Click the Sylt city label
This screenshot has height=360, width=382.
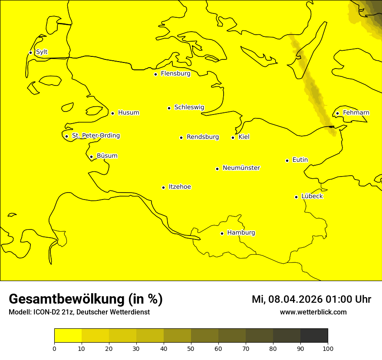pos(42,52)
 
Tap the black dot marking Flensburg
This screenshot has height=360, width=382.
pos(155,74)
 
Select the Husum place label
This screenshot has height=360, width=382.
pos(128,113)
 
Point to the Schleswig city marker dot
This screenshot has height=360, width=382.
pos(169,108)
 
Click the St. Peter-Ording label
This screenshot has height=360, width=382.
pos(95,136)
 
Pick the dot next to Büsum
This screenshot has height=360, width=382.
pos(91,157)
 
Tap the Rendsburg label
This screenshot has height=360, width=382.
pos(203,137)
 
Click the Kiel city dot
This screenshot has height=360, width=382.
pos(233,137)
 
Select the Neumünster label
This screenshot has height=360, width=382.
pos(241,168)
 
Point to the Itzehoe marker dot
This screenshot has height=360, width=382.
pos(163,187)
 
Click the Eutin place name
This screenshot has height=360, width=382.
pos(300,160)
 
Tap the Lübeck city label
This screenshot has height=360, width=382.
pos(312,196)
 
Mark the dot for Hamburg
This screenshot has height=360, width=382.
pos(222,233)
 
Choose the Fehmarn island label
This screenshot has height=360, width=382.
pos(356,113)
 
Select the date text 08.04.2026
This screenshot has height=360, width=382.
pos(295,299)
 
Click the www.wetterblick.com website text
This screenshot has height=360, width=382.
pos(313,312)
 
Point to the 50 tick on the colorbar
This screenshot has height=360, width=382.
pos(191,348)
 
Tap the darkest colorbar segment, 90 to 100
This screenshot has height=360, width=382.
pos(314,335)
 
